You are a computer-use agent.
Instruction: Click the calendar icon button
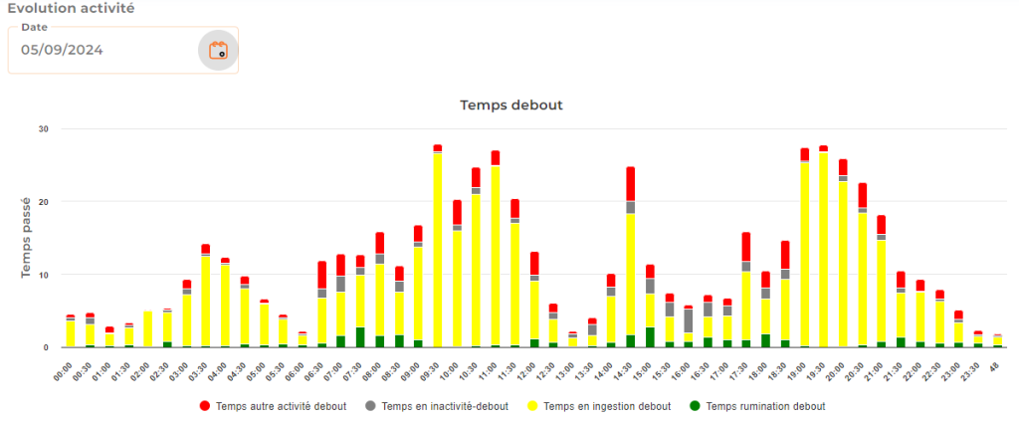(217, 50)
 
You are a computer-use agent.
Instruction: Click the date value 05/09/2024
(63, 50)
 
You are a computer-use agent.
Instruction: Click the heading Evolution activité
(71, 8)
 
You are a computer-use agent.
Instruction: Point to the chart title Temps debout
(511, 104)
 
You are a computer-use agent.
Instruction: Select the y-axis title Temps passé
(27, 237)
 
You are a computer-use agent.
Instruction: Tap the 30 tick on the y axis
(43, 128)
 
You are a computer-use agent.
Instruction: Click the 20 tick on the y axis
(43, 201)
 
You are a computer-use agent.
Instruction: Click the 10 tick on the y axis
(43, 274)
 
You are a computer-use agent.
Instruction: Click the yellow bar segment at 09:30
(437, 249)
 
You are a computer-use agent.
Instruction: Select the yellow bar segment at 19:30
(823, 249)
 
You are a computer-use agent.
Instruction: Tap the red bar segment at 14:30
(630, 183)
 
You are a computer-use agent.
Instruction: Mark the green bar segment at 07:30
(360, 336)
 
